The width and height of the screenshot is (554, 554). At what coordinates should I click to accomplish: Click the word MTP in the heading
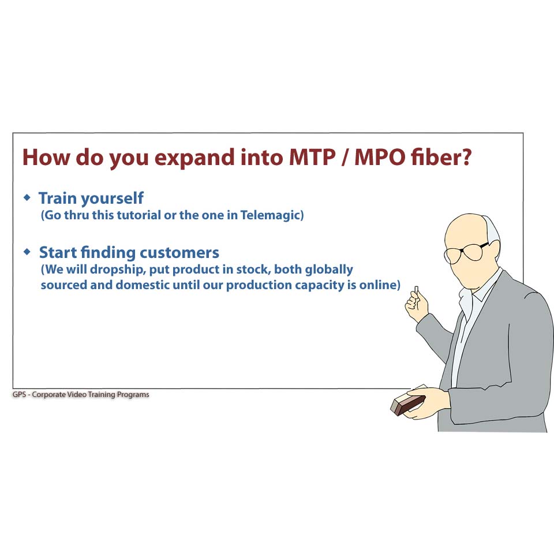tap(312, 157)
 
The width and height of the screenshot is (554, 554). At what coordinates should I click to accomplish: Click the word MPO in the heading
tap(380, 157)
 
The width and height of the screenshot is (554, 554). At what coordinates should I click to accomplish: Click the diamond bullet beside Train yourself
tap(27, 197)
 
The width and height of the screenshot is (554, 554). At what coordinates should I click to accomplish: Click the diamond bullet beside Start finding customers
tap(27, 252)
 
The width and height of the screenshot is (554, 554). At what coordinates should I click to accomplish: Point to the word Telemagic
tap(270, 215)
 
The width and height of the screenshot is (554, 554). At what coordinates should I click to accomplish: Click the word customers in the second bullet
tap(179, 253)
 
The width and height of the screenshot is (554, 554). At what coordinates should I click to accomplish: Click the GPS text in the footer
tap(19, 394)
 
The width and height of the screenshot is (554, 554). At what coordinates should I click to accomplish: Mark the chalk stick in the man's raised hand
tap(417, 290)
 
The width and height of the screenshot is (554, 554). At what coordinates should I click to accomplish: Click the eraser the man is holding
tap(408, 404)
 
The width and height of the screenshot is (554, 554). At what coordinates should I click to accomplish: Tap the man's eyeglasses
tap(466, 252)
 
